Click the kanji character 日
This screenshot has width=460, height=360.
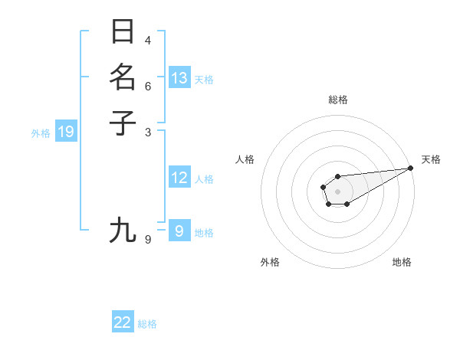click(x=123, y=32)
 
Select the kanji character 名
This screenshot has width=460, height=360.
click(x=123, y=77)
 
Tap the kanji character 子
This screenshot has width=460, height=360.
click(x=123, y=123)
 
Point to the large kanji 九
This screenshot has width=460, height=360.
click(x=123, y=230)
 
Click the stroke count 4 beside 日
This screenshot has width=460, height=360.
click(x=148, y=40)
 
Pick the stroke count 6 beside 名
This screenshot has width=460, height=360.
click(x=148, y=86)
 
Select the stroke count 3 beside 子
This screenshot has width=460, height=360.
click(x=148, y=132)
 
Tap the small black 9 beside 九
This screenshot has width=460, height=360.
click(x=148, y=240)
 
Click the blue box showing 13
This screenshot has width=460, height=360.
click(x=179, y=78)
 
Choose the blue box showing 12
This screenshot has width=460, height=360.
click(x=179, y=178)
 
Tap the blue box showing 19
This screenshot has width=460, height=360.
click(x=66, y=133)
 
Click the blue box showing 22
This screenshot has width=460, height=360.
click(x=123, y=322)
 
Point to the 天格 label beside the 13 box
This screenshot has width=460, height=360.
click(x=204, y=80)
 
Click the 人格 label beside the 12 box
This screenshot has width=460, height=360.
click(x=204, y=179)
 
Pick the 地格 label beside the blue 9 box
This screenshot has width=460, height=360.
click(x=204, y=233)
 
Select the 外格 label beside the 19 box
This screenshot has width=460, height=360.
click(x=41, y=133)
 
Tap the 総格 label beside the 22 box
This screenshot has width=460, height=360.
click(x=147, y=324)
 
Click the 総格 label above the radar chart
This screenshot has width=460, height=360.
click(x=337, y=100)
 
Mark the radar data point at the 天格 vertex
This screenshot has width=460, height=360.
click(x=411, y=168)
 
